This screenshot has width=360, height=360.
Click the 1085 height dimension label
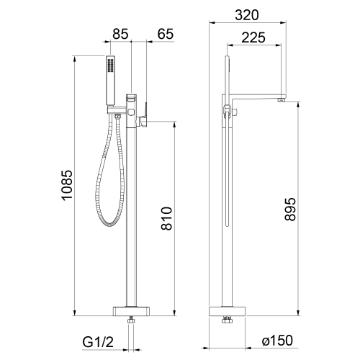pyautogui.click(x=67, y=185)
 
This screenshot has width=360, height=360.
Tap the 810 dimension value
pyautogui.click(x=167, y=218)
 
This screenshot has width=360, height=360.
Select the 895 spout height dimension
pyautogui.click(x=290, y=210)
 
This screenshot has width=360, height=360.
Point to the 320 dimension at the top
pyautogui.click(x=247, y=15)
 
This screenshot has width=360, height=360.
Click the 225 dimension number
pyautogui.click(x=253, y=37)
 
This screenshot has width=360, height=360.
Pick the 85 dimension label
pyautogui.click(x=120, y=34)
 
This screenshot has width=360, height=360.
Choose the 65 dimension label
pyautogui.click(x=166, y=34)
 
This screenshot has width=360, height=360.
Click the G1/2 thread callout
pyautogui.click(x=98, y=342)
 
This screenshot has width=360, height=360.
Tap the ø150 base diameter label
pyautogui.click(x=277, y=340)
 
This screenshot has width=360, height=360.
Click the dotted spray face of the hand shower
pyautogui.click(x=110, y=65)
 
